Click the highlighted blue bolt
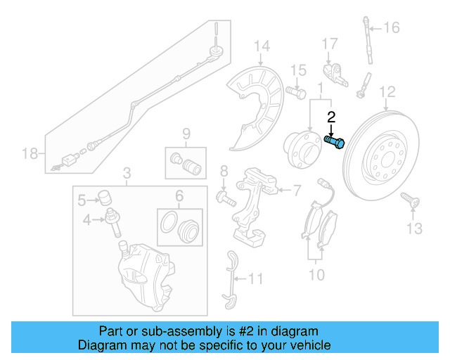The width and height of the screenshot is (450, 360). click(335, 141)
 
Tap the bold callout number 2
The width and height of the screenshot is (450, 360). click(331, 117)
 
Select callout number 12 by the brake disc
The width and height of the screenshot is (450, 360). click(387, 91)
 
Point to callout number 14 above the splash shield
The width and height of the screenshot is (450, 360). click(262, 47)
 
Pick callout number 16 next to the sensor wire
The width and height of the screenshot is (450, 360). click(391, 28)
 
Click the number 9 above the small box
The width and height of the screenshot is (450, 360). click(186, 134)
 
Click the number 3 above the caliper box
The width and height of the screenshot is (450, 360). click(127, 173)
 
